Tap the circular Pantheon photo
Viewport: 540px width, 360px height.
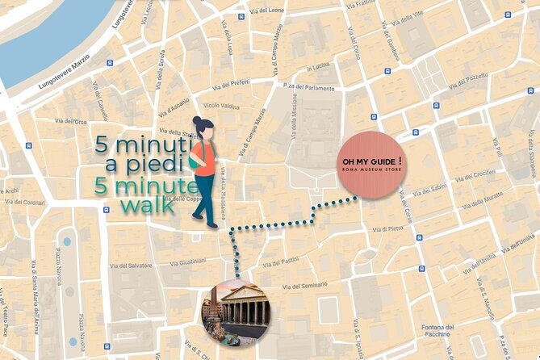click(x=234, y=310)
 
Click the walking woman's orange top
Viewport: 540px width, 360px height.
click(x=203, y=158)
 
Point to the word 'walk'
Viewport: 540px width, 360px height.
click(x=147, y=205)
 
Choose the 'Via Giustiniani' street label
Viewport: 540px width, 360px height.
click(x=192, y=262)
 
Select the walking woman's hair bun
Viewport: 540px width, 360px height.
click(x=197, y=121)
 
